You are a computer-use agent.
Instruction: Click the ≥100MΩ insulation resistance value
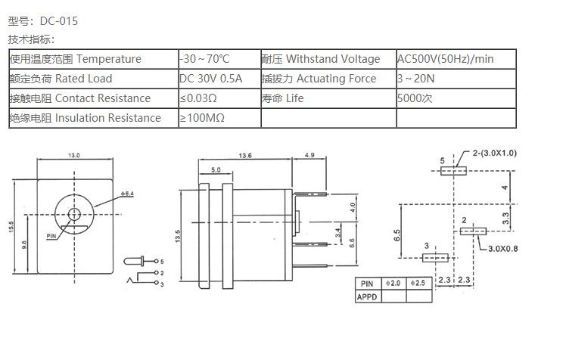point(202,118)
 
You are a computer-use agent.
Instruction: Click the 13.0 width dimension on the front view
point(74,155)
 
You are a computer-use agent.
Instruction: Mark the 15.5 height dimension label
point(12,227)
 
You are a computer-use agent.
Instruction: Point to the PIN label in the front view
point(51,236)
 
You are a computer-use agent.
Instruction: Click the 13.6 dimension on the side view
point(244,155)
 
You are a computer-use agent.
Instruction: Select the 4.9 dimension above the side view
point(309,155)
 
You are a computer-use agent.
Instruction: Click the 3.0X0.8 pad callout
point(502,248)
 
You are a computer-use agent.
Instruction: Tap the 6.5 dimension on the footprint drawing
point(397,235)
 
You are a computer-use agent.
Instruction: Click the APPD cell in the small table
point(367,296)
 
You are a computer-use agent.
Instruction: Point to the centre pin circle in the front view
point(74,214)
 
